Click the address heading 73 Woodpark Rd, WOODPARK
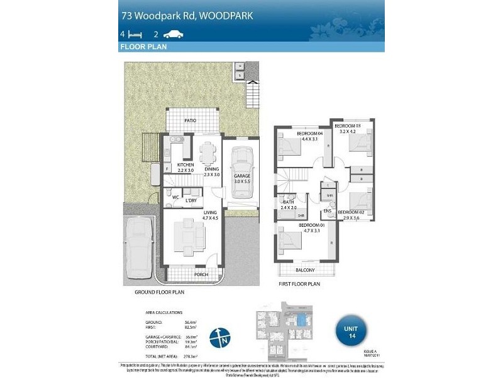coord(187,14)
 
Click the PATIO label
coord(190,120)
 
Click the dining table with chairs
coord(207,152)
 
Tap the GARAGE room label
coord(242,176)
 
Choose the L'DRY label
coord(191,200)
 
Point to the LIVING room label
coord(210,214)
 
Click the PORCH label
coord(201,275)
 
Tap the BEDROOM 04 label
coord(310,133)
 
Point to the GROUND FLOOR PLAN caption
coord(160,292)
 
